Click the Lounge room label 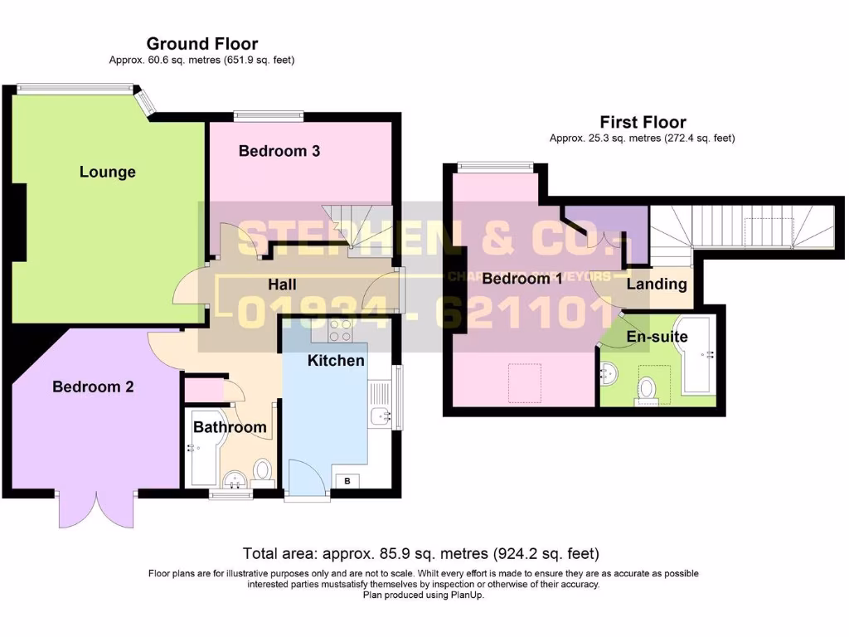tap(108, 173)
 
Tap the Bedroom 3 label tap(279, 151)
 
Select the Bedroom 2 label tap(93, 387)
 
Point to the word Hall tap(282, 284)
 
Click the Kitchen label tap(336, 361)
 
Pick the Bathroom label tap(230, 428)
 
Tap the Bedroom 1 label tap(522, 279)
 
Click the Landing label tap(657, 284)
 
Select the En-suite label tap(657, 338)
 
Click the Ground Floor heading tap(202, 44)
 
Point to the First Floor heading tap(643, 123)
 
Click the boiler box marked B tap(347, 481)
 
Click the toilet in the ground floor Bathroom tap(263, 470)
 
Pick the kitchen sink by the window tap(381, 415)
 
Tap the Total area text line tap(420, 553)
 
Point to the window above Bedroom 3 tap(269, 116)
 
